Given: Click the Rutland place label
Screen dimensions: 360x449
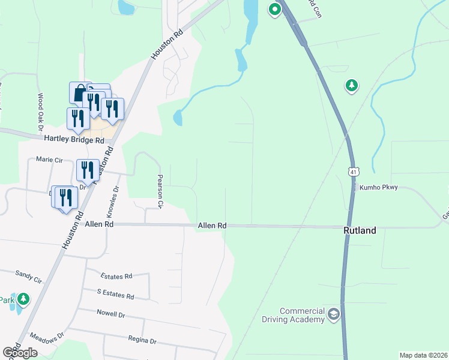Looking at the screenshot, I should (360, 230).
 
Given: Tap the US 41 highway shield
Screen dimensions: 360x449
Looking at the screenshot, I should (354, 172).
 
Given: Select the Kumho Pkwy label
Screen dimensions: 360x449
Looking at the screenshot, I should (379, 188).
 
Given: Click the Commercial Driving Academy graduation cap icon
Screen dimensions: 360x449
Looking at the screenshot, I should (334, 314).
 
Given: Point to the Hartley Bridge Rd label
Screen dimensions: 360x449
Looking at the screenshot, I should (74, 139).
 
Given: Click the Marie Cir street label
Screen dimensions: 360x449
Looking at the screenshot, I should (49, 160).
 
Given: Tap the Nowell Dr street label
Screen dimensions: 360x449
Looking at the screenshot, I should (110, 313).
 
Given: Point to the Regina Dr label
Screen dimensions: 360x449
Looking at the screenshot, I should (142, 340).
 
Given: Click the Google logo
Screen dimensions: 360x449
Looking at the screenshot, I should (20, 353).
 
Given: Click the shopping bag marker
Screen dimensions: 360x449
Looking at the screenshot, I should (80, 93).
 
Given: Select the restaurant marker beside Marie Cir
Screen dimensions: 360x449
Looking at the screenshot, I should (88, 170).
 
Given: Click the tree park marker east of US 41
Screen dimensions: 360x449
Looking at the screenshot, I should (352, 86).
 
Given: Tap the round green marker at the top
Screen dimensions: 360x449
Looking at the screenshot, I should (275, 10).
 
